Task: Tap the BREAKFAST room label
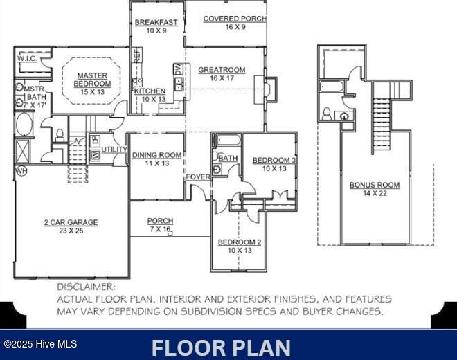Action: [156, 23]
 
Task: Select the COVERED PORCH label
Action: [235, 19]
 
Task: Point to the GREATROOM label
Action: [222, 70]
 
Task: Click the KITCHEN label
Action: [150, 91]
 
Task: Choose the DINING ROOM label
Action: [157, 155]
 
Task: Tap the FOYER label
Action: [198, 177]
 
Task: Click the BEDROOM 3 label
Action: [274, 161]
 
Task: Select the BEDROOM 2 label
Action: [240, 242]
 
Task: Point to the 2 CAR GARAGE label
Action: [71, 222]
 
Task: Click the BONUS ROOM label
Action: [375, 185]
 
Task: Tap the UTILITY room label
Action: [114, 150]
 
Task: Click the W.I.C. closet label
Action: [28, 59]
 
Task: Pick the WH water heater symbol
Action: [20, 170]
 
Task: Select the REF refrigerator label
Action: [137, 56]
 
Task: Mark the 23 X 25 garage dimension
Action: [71, 231]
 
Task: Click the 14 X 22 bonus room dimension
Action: [375, 193]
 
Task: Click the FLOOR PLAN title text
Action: [221, 347]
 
